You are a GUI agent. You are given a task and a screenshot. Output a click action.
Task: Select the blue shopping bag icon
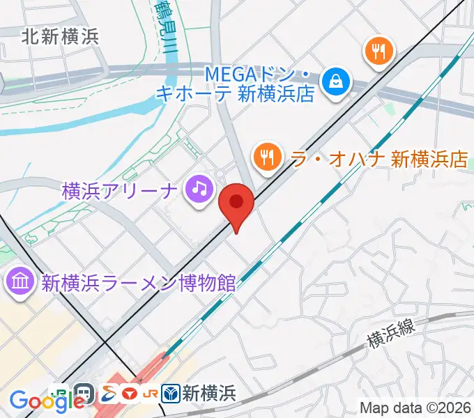336,82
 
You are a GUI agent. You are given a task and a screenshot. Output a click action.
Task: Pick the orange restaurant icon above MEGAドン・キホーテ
379,52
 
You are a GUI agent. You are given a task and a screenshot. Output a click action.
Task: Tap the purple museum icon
17,283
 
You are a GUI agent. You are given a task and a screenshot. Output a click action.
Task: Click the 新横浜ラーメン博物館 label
138,284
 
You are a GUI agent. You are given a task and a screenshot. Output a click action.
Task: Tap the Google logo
38,401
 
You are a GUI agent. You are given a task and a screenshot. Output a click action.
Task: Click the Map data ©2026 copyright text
415,408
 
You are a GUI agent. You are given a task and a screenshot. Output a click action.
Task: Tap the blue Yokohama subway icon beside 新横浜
171,394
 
